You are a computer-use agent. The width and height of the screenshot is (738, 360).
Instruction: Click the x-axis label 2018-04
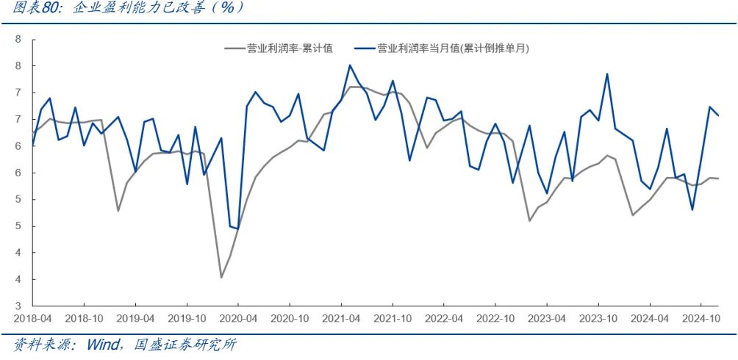tap(32, 319)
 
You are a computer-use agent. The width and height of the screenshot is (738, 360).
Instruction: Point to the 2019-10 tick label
tap(187, 319)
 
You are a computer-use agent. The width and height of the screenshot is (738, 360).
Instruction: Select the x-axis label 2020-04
tap(238, 319)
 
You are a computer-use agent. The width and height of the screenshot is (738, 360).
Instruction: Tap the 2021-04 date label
tap(341, 319)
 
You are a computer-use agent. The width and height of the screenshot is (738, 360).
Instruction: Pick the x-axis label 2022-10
tap(495, 319)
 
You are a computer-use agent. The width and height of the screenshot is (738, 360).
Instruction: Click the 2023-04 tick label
tap(546, 319)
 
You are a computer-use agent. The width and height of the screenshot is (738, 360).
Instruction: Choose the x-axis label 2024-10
tap(701, 319)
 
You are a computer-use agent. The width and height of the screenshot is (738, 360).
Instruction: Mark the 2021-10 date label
tap(392, 319)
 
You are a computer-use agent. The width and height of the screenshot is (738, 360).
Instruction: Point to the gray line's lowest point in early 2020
tap(221, 277)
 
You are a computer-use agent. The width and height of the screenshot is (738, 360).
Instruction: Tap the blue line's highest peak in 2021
tap(350, 65)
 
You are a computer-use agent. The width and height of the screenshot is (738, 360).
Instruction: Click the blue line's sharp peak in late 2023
tap(607, 73)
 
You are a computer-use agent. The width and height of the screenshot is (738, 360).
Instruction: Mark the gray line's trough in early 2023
tap(529, 220)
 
